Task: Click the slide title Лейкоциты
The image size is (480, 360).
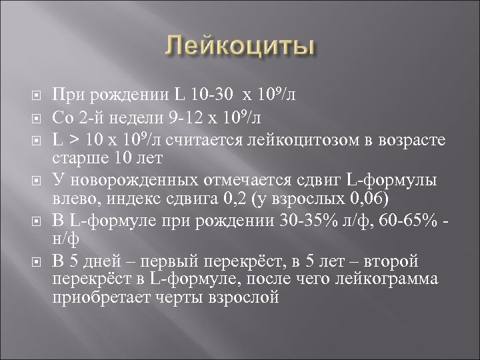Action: [x=240, y=48]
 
